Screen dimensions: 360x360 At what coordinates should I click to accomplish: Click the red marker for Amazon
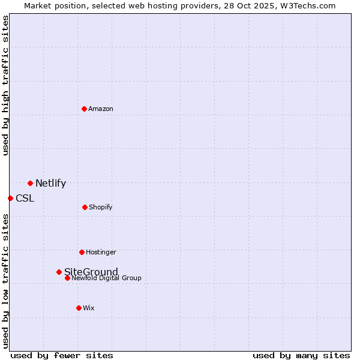coord(84,109)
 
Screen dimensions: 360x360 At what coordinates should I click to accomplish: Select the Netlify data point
coord(30,183)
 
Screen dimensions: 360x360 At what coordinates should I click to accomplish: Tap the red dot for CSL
coord(10,198)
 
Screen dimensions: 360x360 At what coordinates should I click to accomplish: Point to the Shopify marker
coord(85,207)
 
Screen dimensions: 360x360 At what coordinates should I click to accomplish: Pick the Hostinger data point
coord(82,252)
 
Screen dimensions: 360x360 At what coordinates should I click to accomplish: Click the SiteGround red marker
coord(59,272)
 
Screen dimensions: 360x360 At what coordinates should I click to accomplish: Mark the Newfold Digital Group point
coord(67,278)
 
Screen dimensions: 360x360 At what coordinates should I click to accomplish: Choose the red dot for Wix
coord(79,308)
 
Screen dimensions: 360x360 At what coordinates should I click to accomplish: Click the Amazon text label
coord(101,109)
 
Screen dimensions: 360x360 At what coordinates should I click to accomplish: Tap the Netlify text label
coord(50,184)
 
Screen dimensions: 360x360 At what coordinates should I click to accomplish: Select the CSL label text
coord(25,199)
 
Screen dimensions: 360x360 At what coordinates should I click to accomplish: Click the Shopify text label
coord(100,207)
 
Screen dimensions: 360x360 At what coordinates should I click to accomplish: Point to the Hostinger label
coord(101,252)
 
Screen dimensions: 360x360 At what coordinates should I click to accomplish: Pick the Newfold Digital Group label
coord(106,278)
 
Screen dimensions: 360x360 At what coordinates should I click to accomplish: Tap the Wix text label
coord(89,308)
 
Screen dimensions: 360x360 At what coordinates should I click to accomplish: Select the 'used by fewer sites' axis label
coord(62,355)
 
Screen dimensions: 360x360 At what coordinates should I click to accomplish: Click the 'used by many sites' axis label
coord(301,355)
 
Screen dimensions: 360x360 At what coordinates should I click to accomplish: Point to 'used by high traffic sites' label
coord(6,85)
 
